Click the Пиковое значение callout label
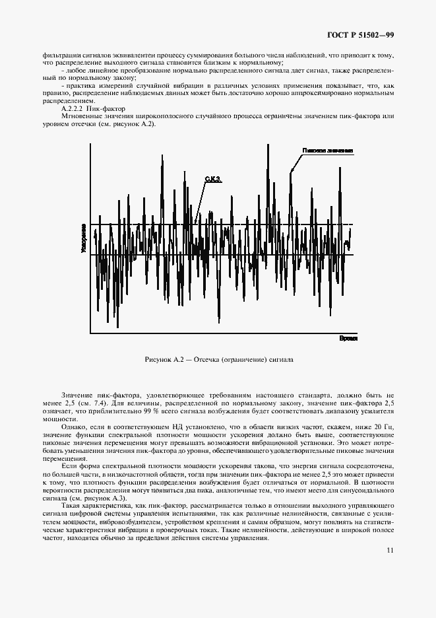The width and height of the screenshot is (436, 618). [x=328, y=151]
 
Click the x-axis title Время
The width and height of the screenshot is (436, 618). [x=348, y=337]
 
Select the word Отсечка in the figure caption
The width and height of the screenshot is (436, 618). [x=214, y=360]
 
